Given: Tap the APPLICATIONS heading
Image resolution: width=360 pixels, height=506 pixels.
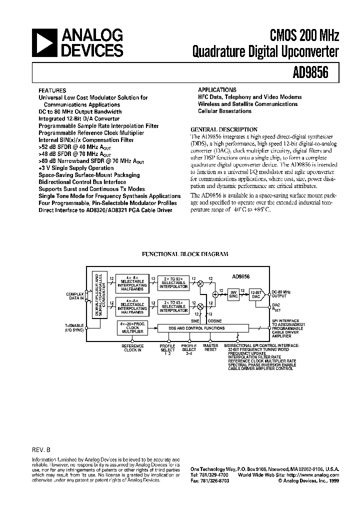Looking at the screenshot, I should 217,89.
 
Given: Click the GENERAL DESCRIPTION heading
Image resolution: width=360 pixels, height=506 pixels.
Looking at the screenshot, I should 224,129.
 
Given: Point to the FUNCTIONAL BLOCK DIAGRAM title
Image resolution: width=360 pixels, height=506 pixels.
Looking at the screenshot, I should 185,254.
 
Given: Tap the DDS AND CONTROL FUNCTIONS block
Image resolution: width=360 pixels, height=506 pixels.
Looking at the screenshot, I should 202,328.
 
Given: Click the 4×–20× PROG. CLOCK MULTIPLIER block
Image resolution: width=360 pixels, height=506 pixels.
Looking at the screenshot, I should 132,327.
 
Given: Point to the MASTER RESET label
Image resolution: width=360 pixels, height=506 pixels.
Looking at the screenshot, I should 210,347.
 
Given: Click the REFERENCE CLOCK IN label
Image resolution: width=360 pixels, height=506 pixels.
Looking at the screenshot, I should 132,347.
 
